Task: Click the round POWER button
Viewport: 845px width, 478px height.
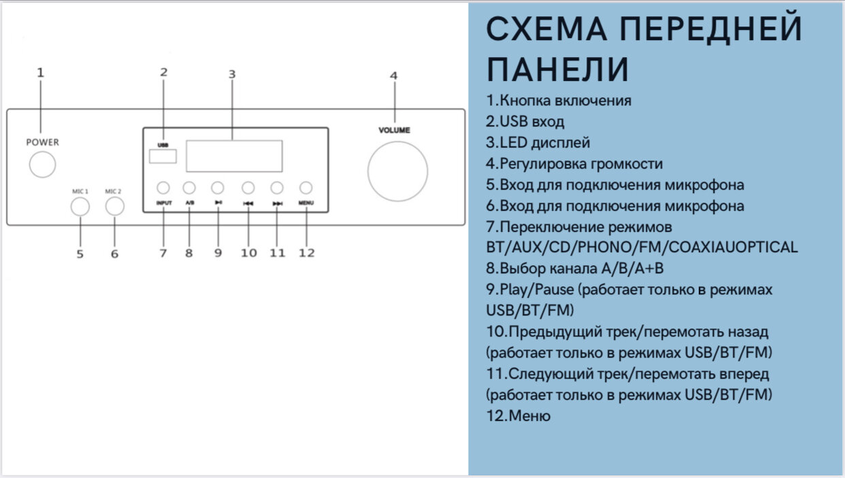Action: [x=42, y=164]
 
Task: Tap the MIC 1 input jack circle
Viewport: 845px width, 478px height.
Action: [x=80, y=206]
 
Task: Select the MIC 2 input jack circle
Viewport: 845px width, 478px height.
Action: [x=114, y=206]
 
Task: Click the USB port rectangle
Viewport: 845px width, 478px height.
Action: [x=163, y=157]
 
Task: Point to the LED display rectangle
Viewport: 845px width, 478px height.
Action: [x=234, y=156]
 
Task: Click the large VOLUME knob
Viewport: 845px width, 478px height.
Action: [x=398, y=171]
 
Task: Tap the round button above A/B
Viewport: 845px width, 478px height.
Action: [x=189, y=188]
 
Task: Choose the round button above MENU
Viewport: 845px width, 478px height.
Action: [x=306, y=188]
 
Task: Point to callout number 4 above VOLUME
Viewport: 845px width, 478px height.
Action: [x=393, y=75]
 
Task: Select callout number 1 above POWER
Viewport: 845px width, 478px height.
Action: [x=40, y=72]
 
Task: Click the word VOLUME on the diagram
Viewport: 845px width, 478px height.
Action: [x=395, y=129]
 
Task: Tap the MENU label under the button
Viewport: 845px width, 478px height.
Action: [x=306, y=203]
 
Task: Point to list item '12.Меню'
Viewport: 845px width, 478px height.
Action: [x=518, y=415]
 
